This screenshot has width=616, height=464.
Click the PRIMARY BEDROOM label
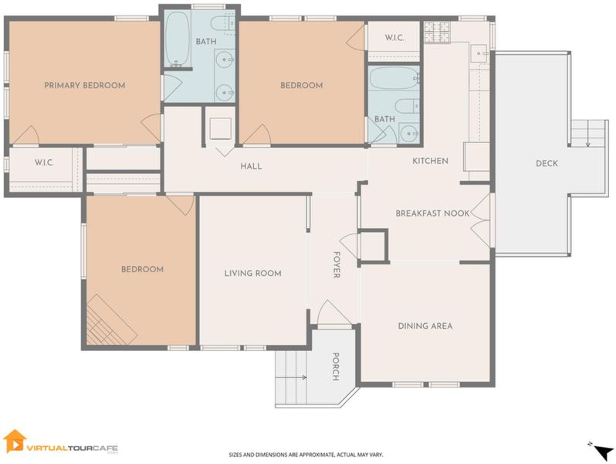pos(84,85)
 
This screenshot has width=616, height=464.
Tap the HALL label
pos(251,166)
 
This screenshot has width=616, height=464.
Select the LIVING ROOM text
pos(252,273)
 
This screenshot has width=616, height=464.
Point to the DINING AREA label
pos(425,326)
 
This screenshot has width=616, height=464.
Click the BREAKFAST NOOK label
pos(432,213)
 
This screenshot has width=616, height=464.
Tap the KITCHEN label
pos(430,161)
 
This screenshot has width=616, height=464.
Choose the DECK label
pos(547,163)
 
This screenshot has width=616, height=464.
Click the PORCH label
pos(336,367)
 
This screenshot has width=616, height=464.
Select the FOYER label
pos(337,264)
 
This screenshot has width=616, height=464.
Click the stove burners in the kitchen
pos(436,32)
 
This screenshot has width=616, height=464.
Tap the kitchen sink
pos(479,53)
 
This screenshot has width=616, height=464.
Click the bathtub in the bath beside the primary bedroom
pos(178,39)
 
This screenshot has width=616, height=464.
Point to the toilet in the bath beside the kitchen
pos(407,106)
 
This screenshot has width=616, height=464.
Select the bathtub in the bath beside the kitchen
pos(394,78)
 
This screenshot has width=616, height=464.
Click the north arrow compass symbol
pos(603,452)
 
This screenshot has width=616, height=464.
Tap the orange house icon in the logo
pos(15,441)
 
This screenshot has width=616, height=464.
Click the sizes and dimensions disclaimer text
pos(306,455)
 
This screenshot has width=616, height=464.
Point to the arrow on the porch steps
pos(291,378)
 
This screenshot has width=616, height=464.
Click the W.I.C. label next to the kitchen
pos(394,38)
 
